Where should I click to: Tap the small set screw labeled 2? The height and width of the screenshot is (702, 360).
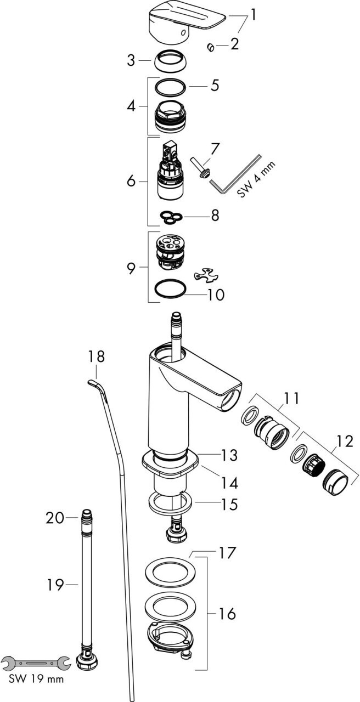click(x=210, y=48)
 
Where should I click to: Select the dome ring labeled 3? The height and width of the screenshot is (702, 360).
click(x=171, y=61)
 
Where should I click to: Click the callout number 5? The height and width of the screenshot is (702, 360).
click(x=215, y=85)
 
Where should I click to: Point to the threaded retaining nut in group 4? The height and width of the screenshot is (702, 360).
click(x=171, y=116)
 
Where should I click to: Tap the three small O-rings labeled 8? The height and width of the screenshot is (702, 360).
click(x=171, y=217)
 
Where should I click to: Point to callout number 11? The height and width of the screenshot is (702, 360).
click(x=291, y=399)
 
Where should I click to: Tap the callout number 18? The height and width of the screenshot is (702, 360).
click(x=96, y=356)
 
